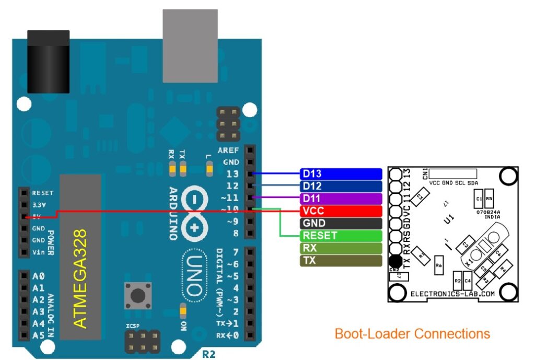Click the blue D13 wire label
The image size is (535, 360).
341,174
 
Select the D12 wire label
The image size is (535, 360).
341,187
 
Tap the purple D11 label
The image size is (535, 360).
341,199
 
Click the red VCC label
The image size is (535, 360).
341,211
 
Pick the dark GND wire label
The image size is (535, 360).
341,224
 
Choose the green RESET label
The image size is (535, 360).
341,236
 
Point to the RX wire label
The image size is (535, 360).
341,248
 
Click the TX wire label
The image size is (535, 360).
341,260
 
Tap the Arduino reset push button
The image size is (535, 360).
138,296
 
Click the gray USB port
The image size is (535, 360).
190,45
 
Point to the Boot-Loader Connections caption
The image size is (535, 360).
412,333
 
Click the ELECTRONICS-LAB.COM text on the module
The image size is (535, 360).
452,294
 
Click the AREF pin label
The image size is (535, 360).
229,150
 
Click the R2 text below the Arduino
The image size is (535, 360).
208,354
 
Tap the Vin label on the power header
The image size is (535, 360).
38,253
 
